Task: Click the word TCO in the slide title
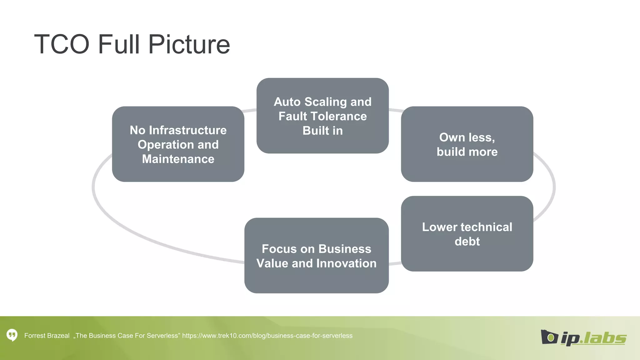coord(62,44)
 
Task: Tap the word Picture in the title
coord(189,44)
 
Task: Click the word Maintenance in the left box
coord(178,159)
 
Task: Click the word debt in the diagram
coord(467,242)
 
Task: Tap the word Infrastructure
coord(188,130)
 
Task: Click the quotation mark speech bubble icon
coord(12,335)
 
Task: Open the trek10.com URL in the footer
coord(267,336)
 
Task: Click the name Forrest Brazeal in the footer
coord(47,336)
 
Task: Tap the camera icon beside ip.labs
coord(549,337)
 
